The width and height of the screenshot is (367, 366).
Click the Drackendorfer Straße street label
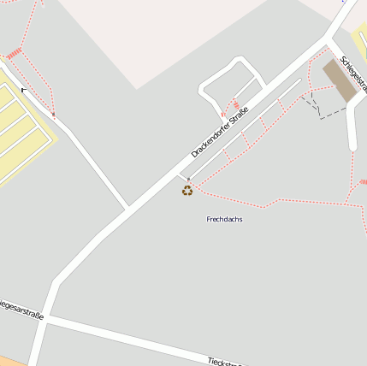tap(220, 133)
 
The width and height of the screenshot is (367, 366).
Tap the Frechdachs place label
tap(224, 220)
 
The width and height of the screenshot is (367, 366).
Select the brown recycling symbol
tap(187, 190)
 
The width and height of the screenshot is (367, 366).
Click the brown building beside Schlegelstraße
tap(340, 80)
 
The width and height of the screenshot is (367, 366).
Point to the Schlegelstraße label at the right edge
tap(353, 74)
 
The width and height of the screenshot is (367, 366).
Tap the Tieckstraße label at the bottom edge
tap(224, 362)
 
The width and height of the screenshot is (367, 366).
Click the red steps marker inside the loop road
tap(235, 105)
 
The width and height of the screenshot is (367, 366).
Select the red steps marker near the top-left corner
tap(14, 55)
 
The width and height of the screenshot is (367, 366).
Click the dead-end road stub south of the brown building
tap(352, 128)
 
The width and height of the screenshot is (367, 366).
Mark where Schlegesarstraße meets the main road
tap(48, 318)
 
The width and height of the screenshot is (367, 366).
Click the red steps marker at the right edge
tap(363, 181)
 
